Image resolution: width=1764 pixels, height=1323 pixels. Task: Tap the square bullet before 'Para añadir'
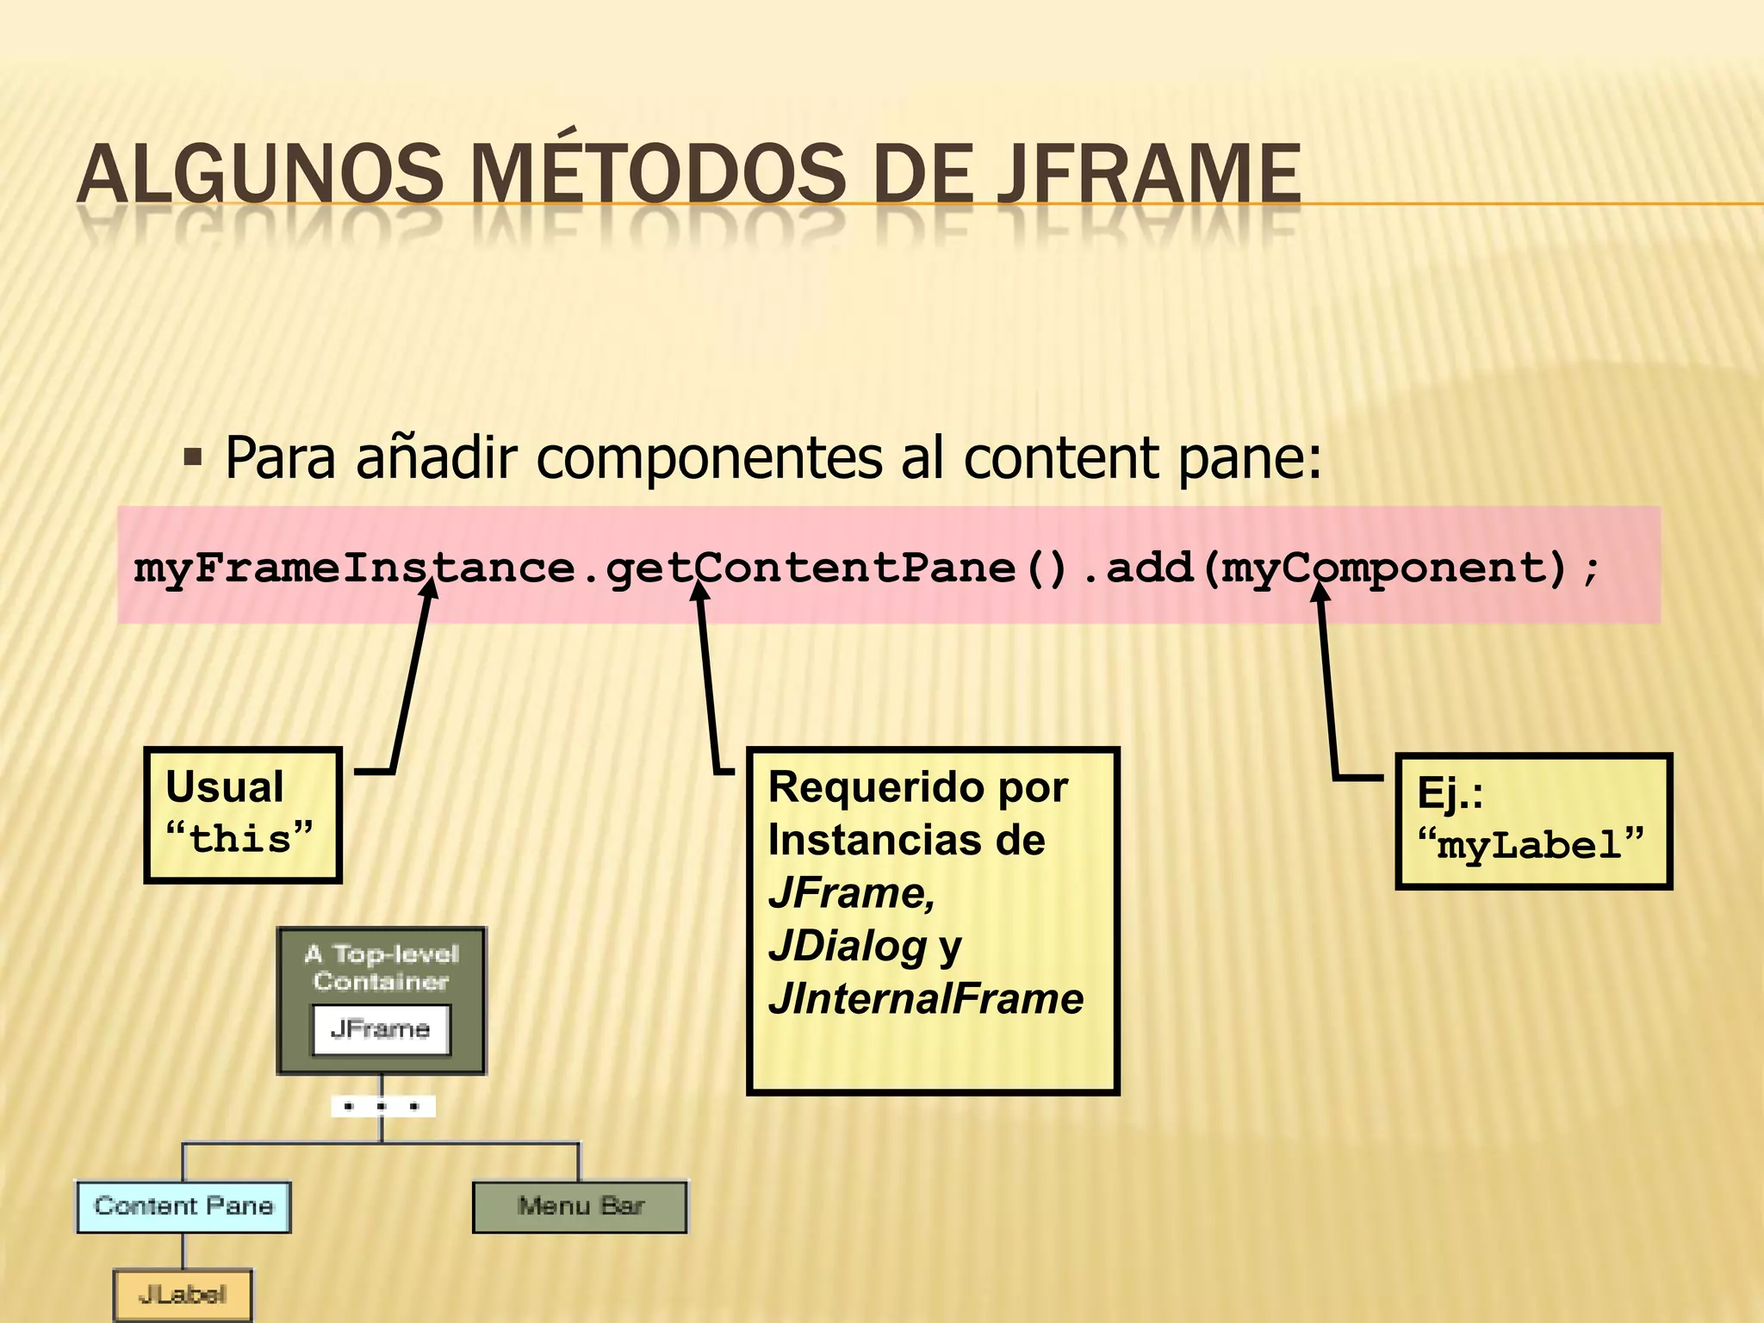193,457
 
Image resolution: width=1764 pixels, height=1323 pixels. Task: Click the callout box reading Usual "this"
243,815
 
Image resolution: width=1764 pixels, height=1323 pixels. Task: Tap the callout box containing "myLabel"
1532,821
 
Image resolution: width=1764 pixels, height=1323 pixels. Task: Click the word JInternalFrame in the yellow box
926,999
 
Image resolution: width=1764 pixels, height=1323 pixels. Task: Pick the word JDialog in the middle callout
848,947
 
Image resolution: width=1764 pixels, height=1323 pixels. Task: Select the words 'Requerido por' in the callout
917,787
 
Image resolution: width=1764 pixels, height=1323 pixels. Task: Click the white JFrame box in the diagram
381,1028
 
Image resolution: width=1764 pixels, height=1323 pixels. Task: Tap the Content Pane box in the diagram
183,1207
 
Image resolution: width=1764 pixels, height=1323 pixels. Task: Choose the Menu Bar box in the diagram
580,1207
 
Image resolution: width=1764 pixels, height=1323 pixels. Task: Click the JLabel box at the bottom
183,1295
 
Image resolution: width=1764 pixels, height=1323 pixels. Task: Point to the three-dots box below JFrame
382,1106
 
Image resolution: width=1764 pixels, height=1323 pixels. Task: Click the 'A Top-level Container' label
382,967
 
